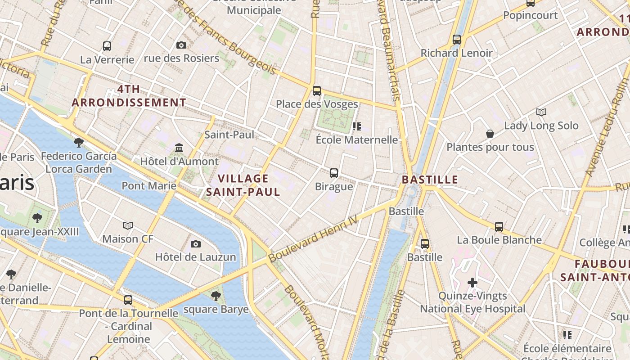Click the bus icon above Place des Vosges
(317, 91)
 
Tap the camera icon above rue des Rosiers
(181, 45)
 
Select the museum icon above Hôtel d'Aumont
(179, 148)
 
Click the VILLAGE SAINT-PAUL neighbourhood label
(243, 185)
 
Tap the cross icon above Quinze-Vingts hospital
(472, 283)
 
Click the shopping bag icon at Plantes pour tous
(490, 134)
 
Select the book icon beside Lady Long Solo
(541, 112)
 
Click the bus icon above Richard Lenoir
(457, 40)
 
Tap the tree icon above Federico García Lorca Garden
(79, 143)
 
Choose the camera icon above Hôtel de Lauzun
(195, 244)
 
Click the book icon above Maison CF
(128, 225)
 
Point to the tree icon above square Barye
(216, 296)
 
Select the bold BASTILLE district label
(430, 180)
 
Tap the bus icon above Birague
(334, 173)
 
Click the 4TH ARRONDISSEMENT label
(129, 96)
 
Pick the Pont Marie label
(149, 185)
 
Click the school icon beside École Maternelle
(357, 126)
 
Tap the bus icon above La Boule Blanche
(499, 227)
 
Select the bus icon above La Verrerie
(107, 46)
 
